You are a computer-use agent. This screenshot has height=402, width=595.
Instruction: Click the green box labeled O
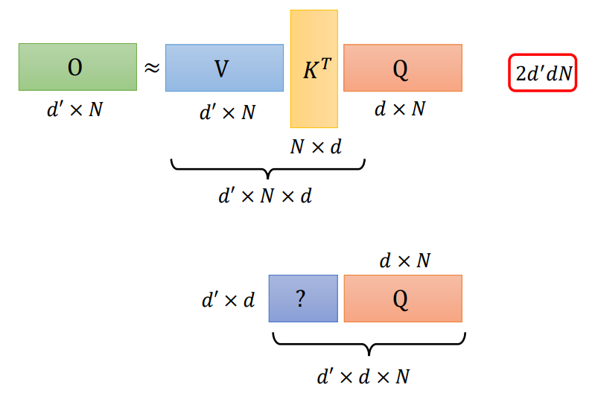[x=77, y=67]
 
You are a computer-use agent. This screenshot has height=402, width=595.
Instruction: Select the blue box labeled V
[x=224, y=68]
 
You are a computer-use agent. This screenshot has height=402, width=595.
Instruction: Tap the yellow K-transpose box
[x=314, y=68]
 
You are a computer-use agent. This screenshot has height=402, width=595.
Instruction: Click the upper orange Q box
[x=402, y=68]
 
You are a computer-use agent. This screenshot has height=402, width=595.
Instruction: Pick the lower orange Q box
[x=402, y=299]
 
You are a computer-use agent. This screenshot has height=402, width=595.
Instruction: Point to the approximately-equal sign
[x=151, y=68]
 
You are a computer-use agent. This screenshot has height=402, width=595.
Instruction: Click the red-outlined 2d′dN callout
[x=542, y=73]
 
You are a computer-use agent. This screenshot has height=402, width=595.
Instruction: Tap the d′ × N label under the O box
[x=74, y=109]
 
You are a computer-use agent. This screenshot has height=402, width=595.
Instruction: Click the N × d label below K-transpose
[x=316, y=147]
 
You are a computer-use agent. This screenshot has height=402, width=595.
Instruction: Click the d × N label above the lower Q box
[x=406, y=261]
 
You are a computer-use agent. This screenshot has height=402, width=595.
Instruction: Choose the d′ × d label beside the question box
[x=228, y=300]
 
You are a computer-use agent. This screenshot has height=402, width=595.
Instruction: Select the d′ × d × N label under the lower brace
[x=363, y=376]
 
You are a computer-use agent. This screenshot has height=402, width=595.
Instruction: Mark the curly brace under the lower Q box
[x=369, y=343]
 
